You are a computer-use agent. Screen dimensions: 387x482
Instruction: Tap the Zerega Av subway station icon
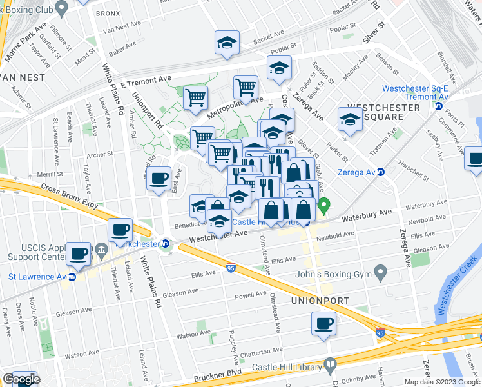point(381,172)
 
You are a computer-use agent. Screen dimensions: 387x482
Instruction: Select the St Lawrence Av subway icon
point(72,277)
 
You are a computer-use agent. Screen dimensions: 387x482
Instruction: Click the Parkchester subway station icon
point(166,244)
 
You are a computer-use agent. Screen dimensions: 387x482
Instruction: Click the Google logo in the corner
point(21,379)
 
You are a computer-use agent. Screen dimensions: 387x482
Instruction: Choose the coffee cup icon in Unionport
point(323,323)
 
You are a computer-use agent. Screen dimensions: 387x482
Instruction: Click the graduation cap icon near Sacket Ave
point(227,43)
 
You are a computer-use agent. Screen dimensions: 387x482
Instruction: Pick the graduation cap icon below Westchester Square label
point(349,120)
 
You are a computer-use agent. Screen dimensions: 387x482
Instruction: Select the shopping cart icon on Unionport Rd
point(195,98)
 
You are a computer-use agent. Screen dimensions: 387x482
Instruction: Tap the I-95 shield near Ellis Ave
point(231,268)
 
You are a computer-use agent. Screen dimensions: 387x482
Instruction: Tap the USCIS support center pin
point(101,249)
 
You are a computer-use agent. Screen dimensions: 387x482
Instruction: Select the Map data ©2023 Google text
point(441,382)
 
